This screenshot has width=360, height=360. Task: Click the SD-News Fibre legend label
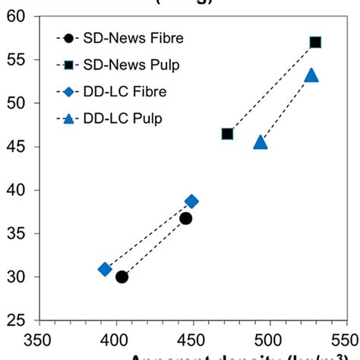tap(130, 37)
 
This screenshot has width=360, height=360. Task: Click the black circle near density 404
tap(122, 276)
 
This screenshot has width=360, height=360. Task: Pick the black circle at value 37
tap(186, 218)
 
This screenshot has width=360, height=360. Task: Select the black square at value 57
tap(315, 43)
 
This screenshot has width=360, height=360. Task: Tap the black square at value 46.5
tap(227, 134)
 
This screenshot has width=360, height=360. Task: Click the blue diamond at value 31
tap(105, 269)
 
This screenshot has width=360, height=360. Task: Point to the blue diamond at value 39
tap(191, 201)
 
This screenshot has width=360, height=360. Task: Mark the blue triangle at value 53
tap(311, 75)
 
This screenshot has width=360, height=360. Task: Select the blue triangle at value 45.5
tap(261, 142)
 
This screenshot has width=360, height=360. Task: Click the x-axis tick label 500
tap(269, 336)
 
